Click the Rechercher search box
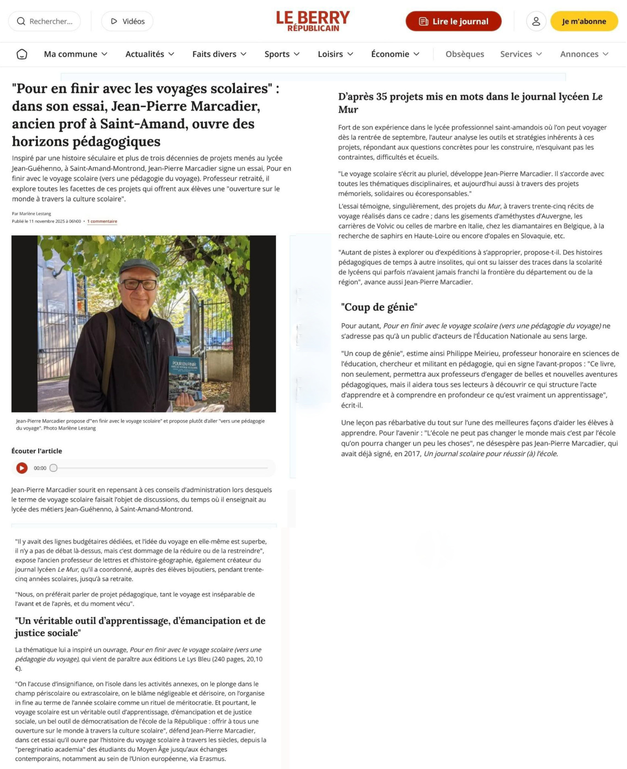pos(44,21)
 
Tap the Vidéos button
pos(127,21)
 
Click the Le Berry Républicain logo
pos(313,21)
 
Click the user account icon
pos(536,21)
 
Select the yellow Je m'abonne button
pos(584,21)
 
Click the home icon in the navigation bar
pos(22,54)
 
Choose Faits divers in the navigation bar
pos(219,54)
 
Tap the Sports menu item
pos(282,54)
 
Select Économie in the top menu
pos(395,54)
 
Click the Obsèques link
pos(465,54)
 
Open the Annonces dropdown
pos(584,54)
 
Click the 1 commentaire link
pos(102,221)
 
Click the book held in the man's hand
pos(185,378)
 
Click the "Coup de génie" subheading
pos(379,307)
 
